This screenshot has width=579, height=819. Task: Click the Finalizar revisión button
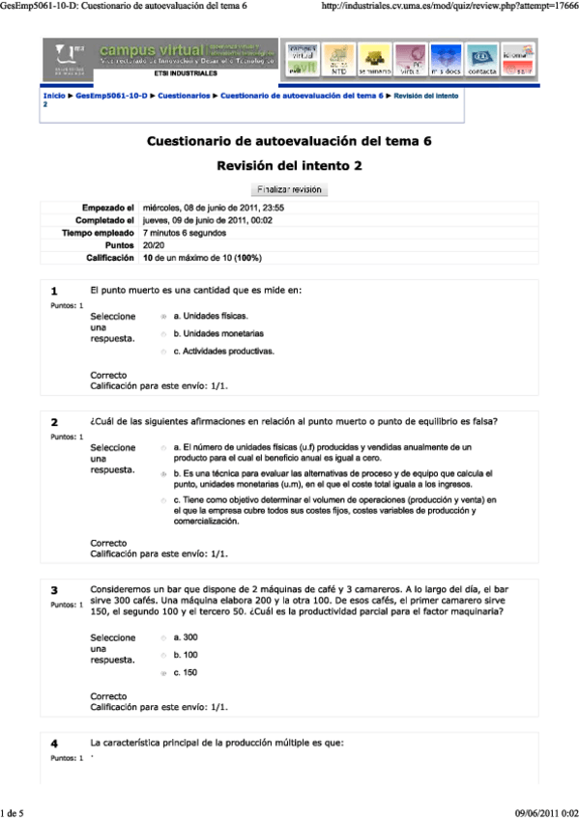289,189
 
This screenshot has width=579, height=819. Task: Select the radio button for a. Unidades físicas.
162,316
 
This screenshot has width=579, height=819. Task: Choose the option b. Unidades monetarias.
162,334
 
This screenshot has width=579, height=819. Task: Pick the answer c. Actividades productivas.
162,353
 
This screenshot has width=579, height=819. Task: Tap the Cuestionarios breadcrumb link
184,97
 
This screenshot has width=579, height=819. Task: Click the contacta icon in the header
482,60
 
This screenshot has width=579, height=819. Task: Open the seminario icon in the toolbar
373,60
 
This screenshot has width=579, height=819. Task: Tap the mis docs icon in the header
446,60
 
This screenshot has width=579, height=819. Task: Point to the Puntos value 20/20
153,245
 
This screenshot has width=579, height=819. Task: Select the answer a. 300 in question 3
162,637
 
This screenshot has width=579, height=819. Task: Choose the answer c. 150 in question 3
162,672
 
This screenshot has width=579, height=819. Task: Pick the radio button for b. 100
162,655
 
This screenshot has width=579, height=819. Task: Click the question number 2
54,423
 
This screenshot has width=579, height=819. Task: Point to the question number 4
54,744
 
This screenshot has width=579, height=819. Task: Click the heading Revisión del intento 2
289,166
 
